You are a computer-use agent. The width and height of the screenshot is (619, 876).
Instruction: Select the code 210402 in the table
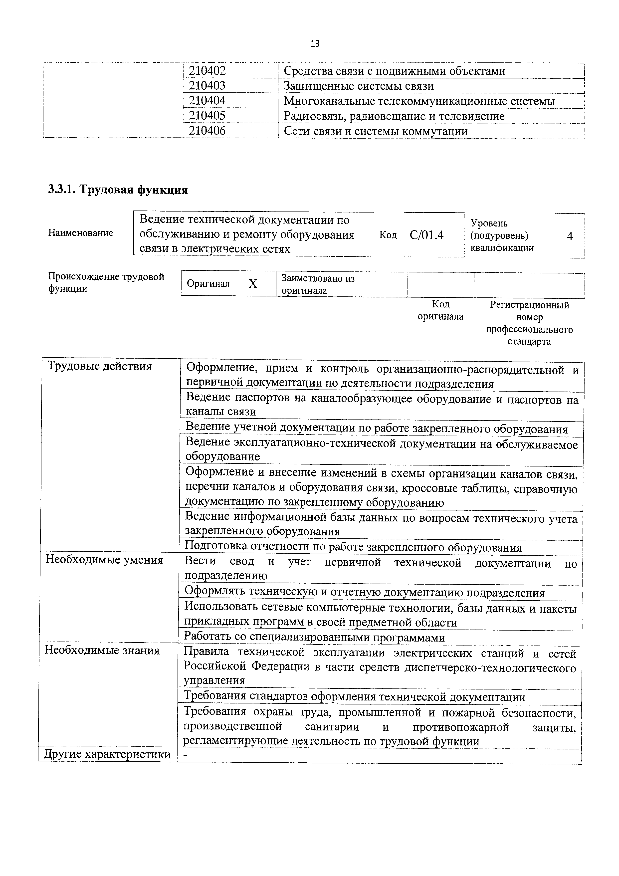(207, 71)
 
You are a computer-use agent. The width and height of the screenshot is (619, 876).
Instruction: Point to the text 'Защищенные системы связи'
(359, 86)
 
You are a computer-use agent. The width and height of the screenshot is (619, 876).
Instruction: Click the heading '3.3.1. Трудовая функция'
(118, 190)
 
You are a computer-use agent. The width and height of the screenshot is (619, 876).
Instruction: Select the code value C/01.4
(427, 235)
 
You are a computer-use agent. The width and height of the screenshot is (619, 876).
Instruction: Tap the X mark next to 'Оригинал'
(253, 283)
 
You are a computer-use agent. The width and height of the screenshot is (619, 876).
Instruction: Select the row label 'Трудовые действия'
(100, 367)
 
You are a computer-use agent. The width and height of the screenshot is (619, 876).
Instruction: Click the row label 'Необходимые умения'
(105, 560)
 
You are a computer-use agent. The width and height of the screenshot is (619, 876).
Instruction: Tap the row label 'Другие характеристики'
(107, 754)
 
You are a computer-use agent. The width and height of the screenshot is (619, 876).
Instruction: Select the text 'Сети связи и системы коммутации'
(376, 131)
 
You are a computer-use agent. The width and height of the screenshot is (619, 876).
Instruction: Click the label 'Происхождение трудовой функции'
(106, 283)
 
